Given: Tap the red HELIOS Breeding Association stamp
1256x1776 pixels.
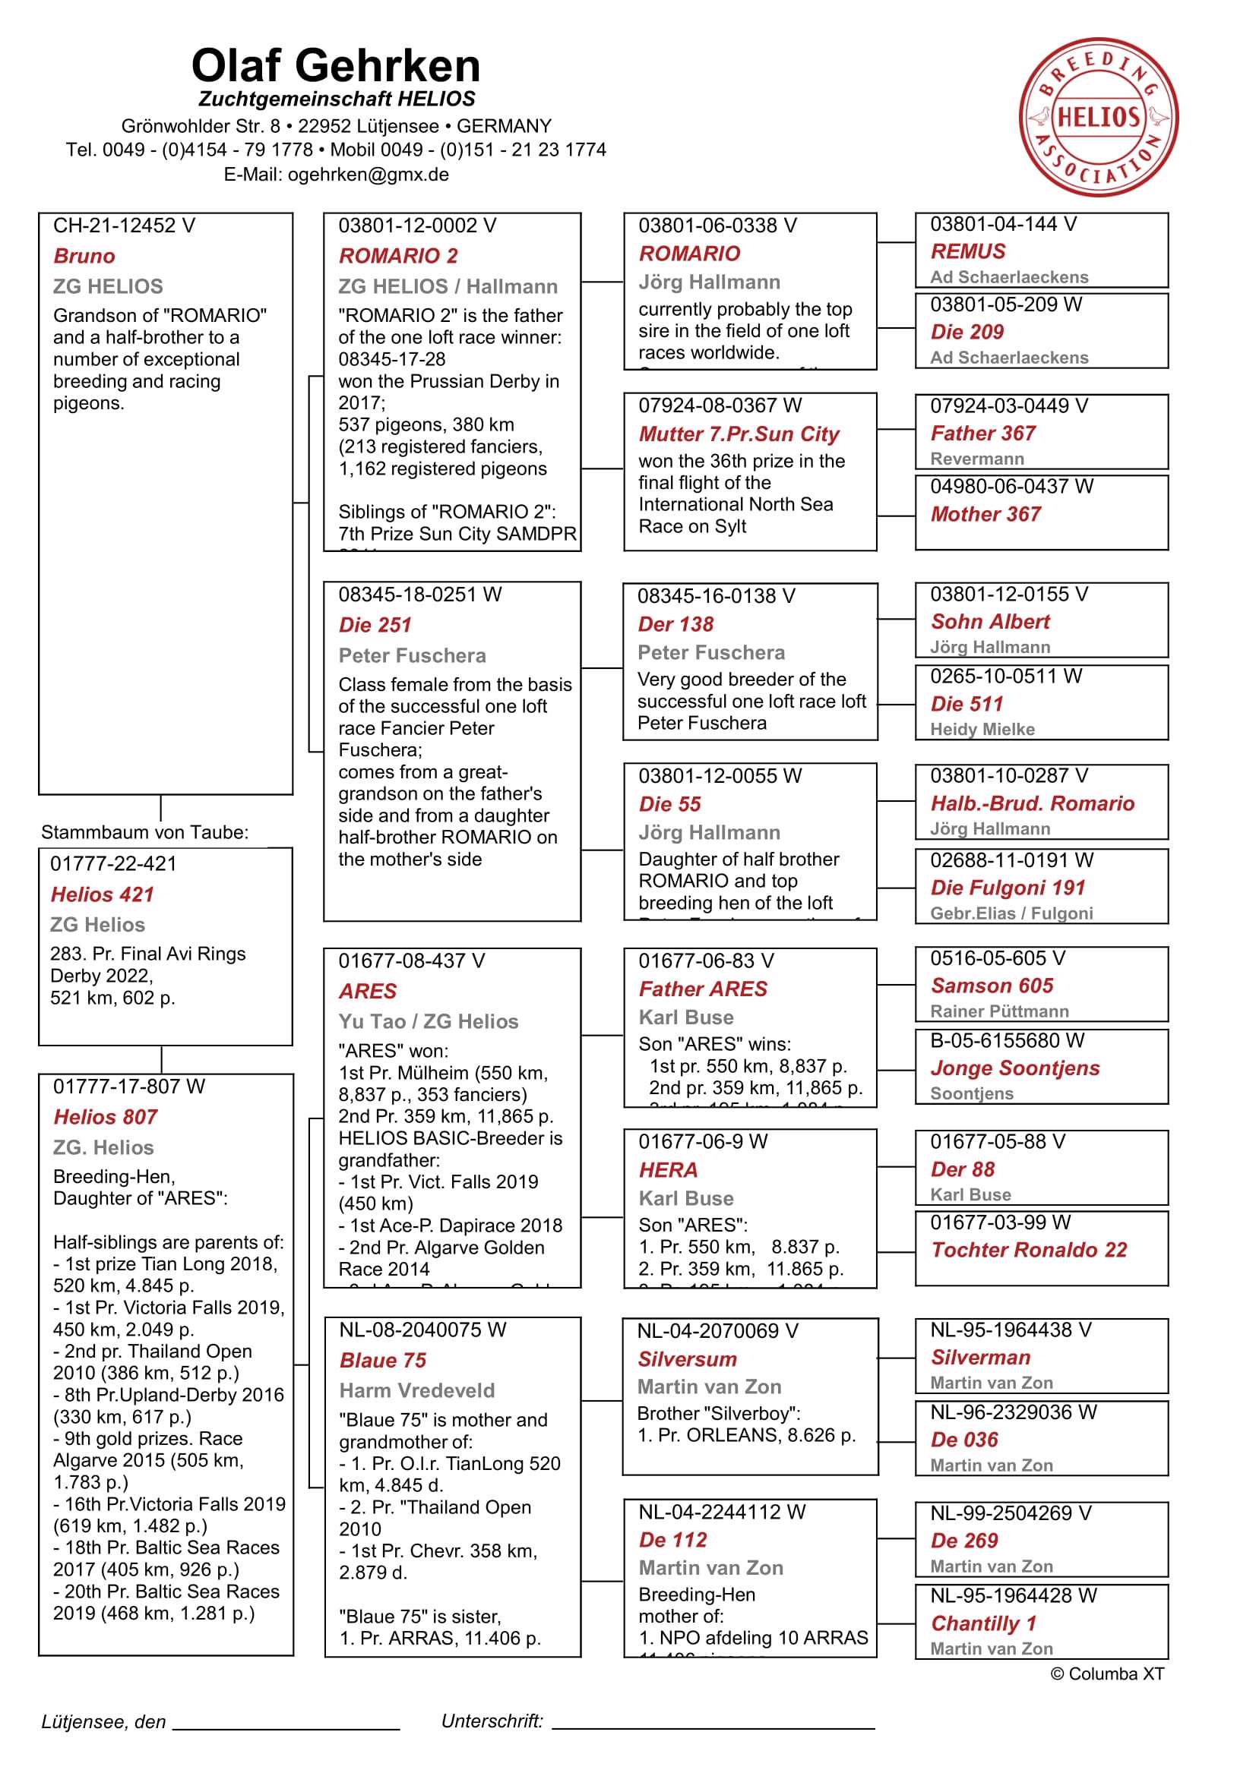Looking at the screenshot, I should (x=1098, y=118).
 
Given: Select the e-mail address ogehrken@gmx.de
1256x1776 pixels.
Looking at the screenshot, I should (x=368, y=174).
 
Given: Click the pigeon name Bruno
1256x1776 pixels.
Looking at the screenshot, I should (x=84, y=256).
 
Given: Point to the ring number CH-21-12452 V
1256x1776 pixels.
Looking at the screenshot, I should (x=124, y=226).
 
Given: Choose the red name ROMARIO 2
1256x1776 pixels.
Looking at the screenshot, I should (x=398, y=256).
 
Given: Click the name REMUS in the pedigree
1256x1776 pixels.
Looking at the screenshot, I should (x=967, y=251).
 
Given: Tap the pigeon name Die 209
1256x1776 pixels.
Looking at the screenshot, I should (x=967, y=332).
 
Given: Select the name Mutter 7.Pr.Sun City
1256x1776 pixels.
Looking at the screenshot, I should (x=739, y=434).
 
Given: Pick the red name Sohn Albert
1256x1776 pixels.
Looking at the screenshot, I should (x=990, y=622).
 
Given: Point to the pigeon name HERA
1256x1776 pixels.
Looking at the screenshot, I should (x=668, y=1169).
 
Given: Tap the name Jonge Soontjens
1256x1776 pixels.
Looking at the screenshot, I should (x=1014, y=1068).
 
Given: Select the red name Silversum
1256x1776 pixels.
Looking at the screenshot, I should (x=686, y=1359).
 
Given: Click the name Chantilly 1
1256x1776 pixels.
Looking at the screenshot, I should (x=982, y=1623).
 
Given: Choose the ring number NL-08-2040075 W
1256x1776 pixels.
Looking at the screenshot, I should (x=422, y=1330).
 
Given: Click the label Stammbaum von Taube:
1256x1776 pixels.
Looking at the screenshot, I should (x=144, y=832).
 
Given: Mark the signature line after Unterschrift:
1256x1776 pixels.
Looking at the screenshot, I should (x=712, y=1727).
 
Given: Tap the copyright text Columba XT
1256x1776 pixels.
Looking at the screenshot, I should (x=1106, y=1674).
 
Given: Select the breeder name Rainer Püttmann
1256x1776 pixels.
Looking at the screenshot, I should (x=999, y=1011).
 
